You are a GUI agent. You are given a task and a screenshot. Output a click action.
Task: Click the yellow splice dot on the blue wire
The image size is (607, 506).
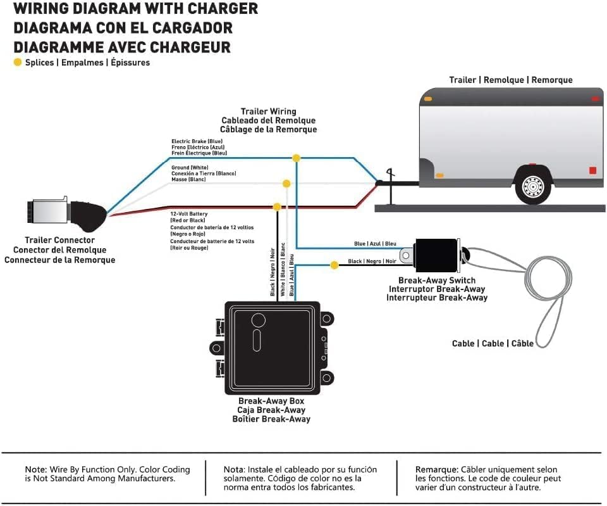coord(296,158)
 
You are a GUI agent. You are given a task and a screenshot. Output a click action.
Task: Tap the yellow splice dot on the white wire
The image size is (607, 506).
coord(286,184)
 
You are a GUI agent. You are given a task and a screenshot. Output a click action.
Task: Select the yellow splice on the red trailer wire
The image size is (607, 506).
coord(276,206)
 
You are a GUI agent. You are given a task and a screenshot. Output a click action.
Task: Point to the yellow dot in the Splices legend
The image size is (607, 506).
coord(18,62)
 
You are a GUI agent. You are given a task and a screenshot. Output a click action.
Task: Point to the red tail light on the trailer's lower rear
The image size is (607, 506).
coord(592,170)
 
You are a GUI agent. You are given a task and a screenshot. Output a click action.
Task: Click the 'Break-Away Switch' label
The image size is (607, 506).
coord(436,281)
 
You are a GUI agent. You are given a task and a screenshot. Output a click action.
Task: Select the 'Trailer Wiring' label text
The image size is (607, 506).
coord(268,111)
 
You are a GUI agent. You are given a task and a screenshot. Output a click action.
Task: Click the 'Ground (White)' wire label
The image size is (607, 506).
coord(190,167)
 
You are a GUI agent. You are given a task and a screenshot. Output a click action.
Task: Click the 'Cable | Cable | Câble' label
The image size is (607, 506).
coord(492,343)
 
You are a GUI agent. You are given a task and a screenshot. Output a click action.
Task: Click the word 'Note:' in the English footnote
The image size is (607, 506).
coord(35,469)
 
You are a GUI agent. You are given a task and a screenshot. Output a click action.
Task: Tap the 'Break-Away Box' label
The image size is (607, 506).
coord(271,401)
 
